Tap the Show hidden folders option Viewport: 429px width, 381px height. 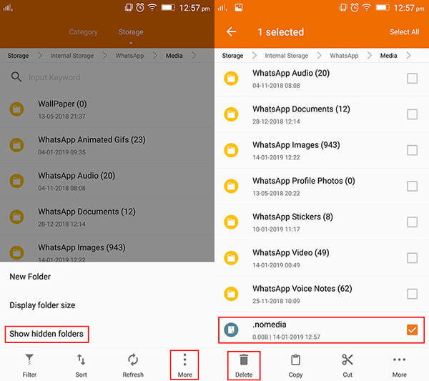point(46,334)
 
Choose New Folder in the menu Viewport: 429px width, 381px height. point(30,277)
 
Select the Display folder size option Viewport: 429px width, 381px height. point(42,305)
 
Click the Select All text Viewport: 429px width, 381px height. point(404,32)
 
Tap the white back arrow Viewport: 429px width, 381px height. point(231,32)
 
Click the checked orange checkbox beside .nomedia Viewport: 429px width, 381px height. point(412,330)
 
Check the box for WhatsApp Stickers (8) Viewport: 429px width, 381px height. point(412,222)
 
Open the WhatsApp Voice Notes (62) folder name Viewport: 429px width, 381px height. point(302,289)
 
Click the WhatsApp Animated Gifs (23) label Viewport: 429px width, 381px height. point(92,140)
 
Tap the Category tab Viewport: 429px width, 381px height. point(83,32)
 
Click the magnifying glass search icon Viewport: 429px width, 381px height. point(16,77)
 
